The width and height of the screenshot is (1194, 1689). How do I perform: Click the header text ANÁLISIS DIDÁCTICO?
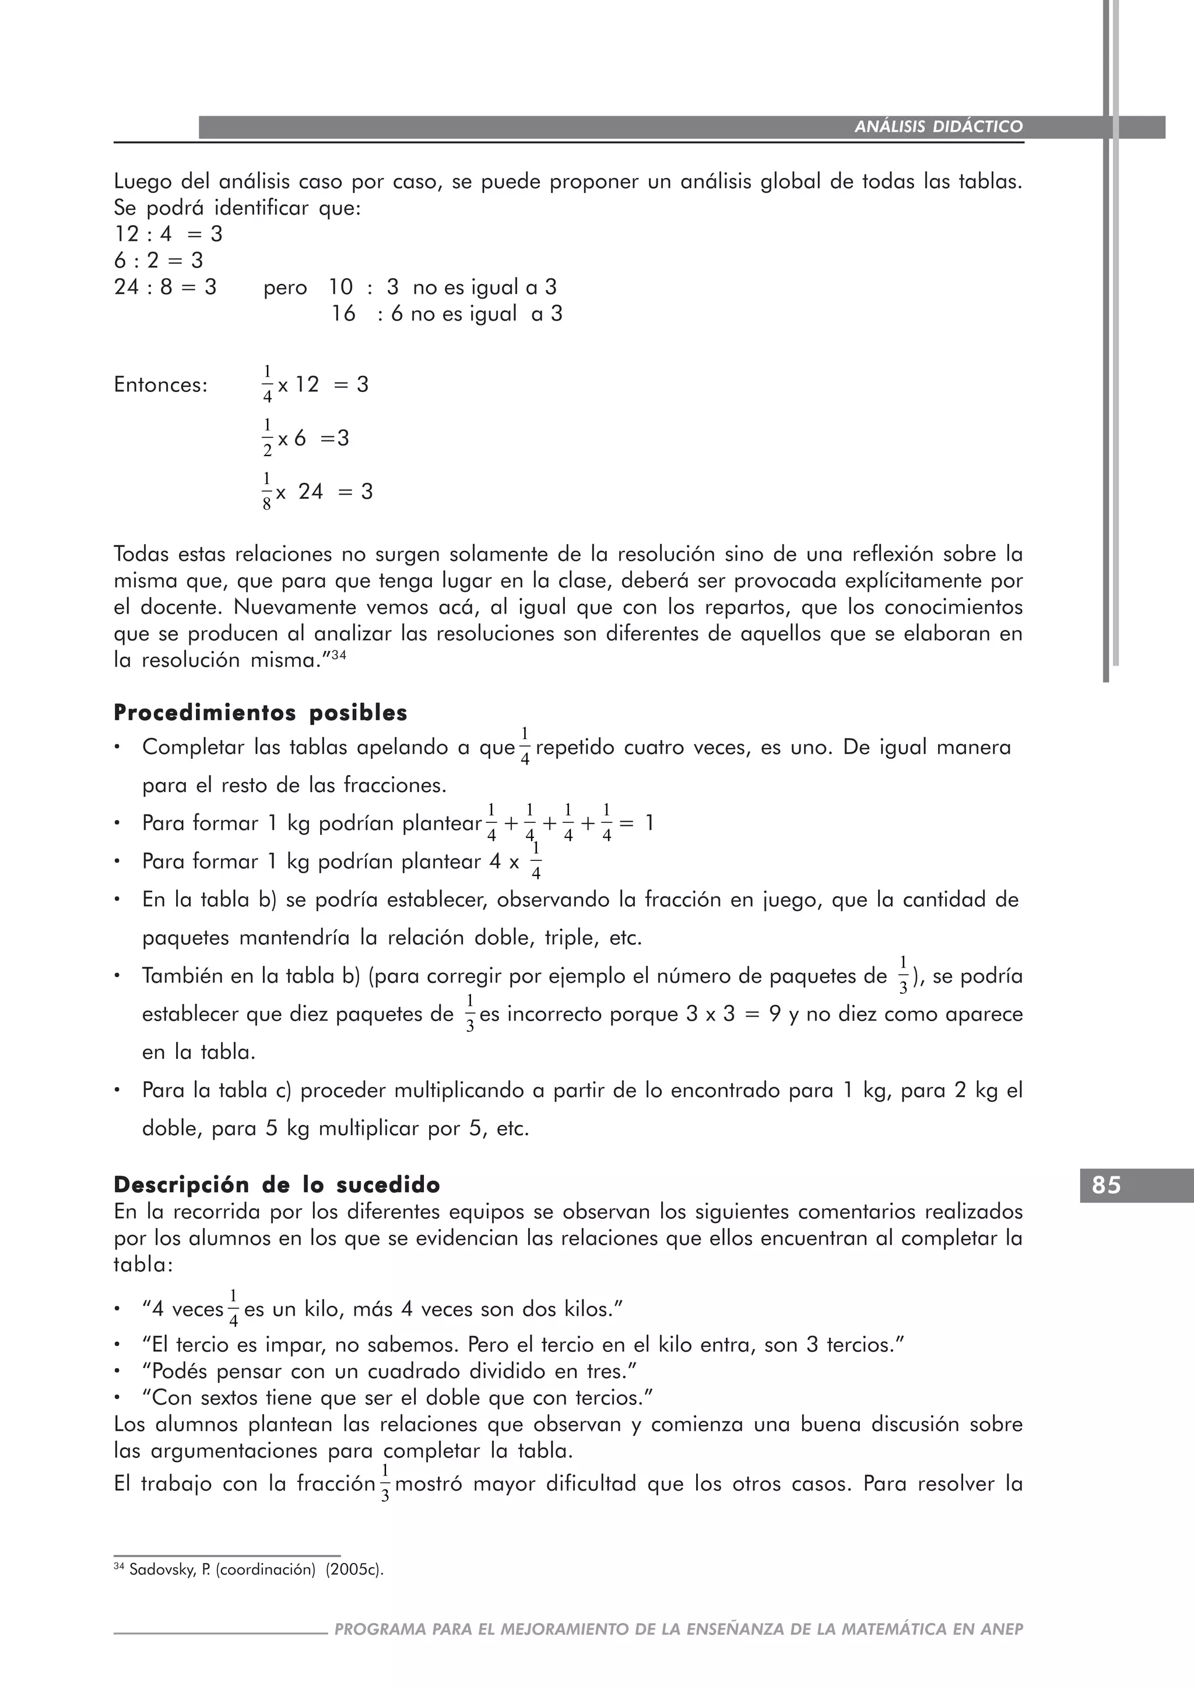pyautogui.click(x=938, y=127)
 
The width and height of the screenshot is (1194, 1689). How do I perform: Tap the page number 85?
pyautogui.click(x=1106, y=1186)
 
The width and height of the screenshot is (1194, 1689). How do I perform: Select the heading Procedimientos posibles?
pyautogui.click(x=260, y=713)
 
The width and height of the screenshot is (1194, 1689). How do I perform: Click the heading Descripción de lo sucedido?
pyautogui.click(x=276, y=1185)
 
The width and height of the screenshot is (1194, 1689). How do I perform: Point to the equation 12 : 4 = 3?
pyautogui.click(x=168, y=234)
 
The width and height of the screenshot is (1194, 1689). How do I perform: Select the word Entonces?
pyautogui.click(x=161, y=385)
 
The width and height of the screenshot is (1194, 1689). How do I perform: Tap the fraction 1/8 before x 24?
pyautogui.click(x=267, y=490)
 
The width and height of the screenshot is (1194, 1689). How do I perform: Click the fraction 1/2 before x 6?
pyautogui.click(x=268, y=437)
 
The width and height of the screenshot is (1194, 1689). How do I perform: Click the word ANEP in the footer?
pyautogui.click(x=1002, y=1630)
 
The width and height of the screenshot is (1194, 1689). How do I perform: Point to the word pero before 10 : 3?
pyautogui.click(x=285, y=287)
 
